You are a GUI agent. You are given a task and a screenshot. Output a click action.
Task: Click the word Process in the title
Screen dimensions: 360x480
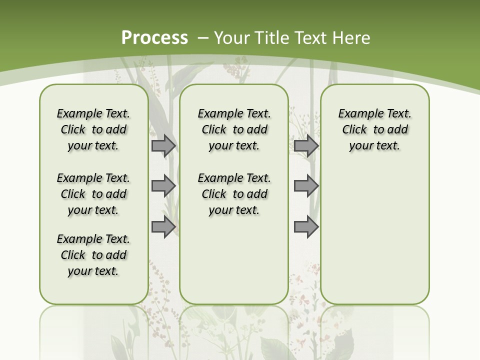click(x=154, y=37)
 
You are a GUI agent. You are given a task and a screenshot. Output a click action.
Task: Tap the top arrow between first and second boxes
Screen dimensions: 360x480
click(x=163, y=145)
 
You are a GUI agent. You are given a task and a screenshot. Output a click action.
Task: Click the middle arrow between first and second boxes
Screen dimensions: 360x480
click(x=163, y=186)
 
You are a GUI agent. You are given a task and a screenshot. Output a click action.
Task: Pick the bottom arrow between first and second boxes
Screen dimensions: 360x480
click(x=163, y=227)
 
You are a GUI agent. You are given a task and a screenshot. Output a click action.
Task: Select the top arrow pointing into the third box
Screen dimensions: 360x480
click(x=306, y=145)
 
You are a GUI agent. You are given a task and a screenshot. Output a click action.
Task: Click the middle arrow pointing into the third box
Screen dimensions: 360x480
click(x=306, y=186)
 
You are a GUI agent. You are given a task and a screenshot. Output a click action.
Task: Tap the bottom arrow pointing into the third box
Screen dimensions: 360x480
click(x=306, y=227)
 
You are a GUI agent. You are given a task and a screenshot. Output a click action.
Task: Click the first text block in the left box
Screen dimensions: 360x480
click(x=93, y=129)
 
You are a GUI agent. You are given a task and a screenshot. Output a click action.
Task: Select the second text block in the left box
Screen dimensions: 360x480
click(x=93, y=194)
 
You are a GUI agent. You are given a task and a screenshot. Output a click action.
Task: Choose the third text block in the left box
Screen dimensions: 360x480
click(x=93, y=255)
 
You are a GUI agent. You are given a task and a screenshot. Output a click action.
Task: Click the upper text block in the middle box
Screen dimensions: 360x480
click(x=234, y=129)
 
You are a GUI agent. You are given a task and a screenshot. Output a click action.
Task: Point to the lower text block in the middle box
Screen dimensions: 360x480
click(x=234, y=194)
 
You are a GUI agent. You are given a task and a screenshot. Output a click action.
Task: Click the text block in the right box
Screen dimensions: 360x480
click(x=374, y=129)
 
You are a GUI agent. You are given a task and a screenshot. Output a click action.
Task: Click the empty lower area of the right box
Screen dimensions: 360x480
click(x=374, y=235)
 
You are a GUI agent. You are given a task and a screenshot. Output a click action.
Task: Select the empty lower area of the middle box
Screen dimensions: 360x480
click(x=234, y=260)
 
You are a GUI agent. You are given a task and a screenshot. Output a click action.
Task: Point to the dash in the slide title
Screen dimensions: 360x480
click(x=203, y=38)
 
